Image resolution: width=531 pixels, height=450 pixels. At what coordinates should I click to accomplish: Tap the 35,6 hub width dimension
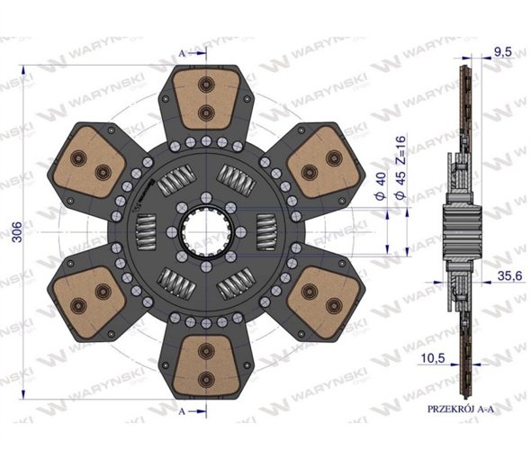click(x=502, y=278)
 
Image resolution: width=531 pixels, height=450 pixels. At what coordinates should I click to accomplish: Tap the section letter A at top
click(x=182, y=53)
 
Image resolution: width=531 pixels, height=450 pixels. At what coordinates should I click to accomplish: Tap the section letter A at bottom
click(x=182, y=409)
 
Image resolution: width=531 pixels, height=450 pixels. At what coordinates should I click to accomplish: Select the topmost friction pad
click(x=207, y=100)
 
